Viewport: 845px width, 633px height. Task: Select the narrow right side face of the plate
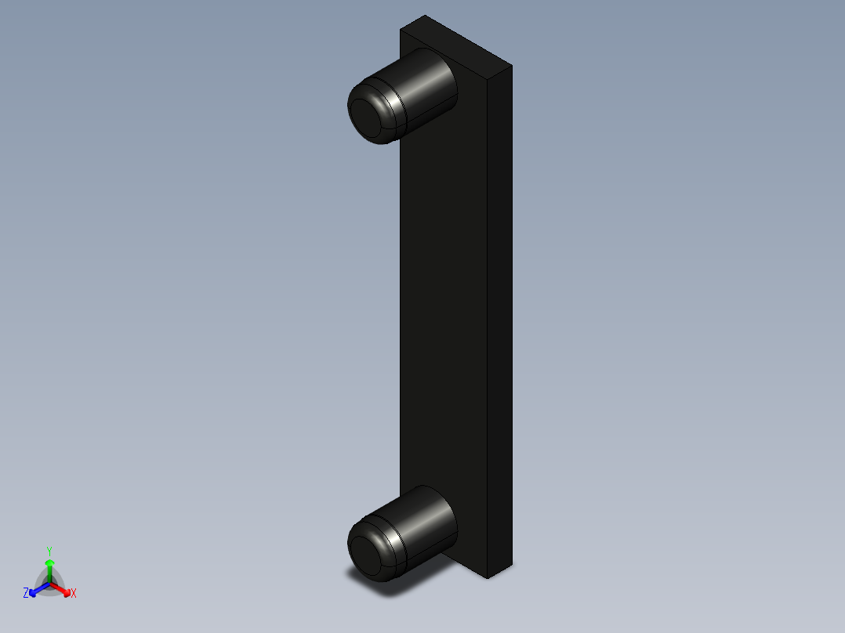pyautogui.click(x=500, y=313)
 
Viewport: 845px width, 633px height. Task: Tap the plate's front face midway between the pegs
pyautogui.click(x=443, y=313)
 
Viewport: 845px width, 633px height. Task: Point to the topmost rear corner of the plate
pyautogui.click(x=425, y=16)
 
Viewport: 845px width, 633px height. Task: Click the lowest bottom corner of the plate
pyautogui.click(x=488, y=578)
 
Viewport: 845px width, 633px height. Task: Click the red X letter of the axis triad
pyautogui.click(x=74, y=594)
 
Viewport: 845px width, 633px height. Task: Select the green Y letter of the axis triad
pyautogui.click(x=49, y=550)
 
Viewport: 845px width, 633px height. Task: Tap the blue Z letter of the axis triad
pyautogui.click(x=26, y=593)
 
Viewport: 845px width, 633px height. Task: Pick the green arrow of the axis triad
pyautogui.click(x=49, y=566)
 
